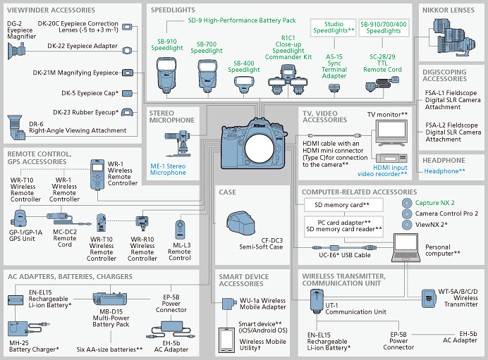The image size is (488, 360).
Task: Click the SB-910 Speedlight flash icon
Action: click(x=166, y=75)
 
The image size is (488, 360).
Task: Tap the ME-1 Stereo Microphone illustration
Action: click(x=178, y=143)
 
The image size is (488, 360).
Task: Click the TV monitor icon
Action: click(x=391, y=132)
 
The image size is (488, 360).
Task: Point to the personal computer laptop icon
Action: click(x=405, y=248)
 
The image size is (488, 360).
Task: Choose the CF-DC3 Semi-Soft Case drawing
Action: click(x=241, y=223)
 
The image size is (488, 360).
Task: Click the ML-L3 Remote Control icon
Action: click(x=180, y=230)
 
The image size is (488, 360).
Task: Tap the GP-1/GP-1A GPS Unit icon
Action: click(x=18, y=218)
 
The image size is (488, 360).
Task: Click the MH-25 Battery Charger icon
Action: click(x=18, y=329)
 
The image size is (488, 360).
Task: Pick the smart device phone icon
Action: click(x=226, y=340)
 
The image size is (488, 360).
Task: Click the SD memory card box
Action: click(x=343, y=205)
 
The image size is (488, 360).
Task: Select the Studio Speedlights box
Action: click(x=334, y=27)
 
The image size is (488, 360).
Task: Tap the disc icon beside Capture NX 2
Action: click(x=407, y=203)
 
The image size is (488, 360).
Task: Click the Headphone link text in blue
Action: click(x=444, y=171)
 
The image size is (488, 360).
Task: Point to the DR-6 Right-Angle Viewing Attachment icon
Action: click(x=16, y=127)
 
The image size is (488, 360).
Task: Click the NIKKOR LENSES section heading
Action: click(x=449, y=11)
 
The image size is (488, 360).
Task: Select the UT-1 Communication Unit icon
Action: click(x=317, y=301)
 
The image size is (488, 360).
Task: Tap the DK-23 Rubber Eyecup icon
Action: click(x=127, y=112)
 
